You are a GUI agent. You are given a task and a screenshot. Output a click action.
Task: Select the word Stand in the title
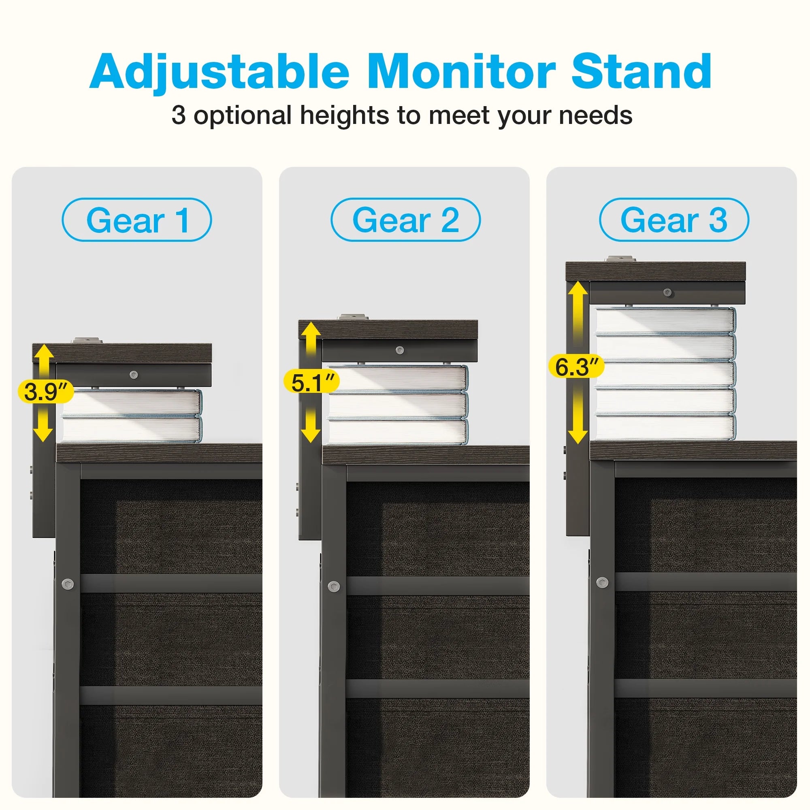click(x=642, y=71)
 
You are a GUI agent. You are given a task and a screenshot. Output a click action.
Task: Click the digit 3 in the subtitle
click(x=179, y=115)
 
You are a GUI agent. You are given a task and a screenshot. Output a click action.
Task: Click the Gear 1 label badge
click(x=136, y=220)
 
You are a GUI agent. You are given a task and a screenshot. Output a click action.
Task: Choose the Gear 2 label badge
click(x=405, y=220)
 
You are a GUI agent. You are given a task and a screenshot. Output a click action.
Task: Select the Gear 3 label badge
click(x=674, y=220)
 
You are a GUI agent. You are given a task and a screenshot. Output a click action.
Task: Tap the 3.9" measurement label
click(x=46, y=392)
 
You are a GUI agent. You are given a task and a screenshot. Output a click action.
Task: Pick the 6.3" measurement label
click(x=576, y=367)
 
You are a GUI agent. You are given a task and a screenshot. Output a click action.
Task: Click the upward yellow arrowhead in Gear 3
click(x=578, y=289)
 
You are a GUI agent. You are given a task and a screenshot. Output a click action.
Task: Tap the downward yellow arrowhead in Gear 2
click(x=311, y=434)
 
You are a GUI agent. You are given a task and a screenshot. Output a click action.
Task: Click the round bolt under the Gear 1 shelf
click(x=134, y=374)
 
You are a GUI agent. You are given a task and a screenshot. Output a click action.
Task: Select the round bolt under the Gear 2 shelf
click(x=400, y=350)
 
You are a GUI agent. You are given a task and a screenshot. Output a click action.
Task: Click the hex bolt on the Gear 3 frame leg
click(x=602, y=582)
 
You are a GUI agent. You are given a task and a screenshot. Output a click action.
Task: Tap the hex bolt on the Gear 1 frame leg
click(x=68, y=584)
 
